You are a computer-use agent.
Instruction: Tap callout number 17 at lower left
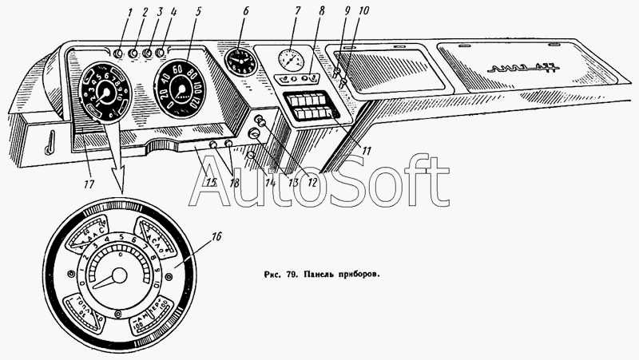tap(88, 184)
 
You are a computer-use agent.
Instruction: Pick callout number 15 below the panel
tap(211, 183)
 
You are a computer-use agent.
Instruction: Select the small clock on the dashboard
tap(240, 61)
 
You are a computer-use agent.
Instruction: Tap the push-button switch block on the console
tap(308, 105)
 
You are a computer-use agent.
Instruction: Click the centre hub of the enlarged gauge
tap(119, 276)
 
